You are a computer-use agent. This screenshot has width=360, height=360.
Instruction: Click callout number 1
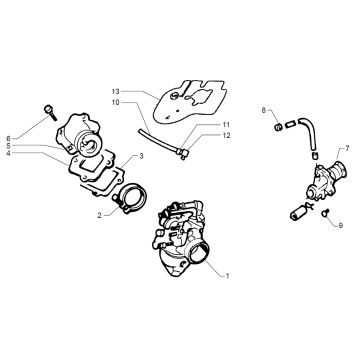227,276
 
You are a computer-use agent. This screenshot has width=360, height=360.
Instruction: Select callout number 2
99,215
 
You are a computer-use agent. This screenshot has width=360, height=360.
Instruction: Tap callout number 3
141,156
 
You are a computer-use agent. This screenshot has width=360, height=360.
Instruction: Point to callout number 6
8,138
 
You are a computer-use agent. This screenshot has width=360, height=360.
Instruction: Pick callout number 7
347,148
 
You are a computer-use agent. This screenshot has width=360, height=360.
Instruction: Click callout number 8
264,110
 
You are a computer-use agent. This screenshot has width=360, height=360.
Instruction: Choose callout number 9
341,225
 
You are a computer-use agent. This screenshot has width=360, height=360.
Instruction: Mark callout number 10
115,102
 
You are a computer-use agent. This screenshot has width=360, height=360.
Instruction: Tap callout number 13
115,91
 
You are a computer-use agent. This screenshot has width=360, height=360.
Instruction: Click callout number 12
226,136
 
